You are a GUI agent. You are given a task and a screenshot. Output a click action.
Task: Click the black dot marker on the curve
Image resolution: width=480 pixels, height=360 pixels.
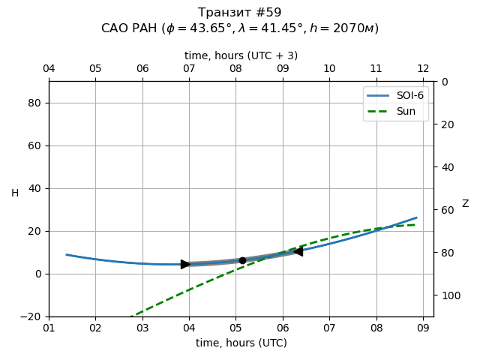(x=242, y=260)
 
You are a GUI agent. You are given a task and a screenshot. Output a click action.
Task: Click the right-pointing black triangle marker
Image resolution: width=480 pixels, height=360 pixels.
(x=185, y=264)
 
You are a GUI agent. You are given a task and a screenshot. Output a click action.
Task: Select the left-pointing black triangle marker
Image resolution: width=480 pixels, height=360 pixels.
(x=298, y=251)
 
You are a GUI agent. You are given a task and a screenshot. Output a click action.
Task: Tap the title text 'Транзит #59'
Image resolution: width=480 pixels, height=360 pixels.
(x=240, y=13)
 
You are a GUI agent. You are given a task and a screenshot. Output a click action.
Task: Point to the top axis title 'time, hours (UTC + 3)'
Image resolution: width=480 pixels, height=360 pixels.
(x=241, y=55)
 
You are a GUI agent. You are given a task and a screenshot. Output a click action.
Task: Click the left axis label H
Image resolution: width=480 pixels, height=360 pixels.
(x=15, y=193)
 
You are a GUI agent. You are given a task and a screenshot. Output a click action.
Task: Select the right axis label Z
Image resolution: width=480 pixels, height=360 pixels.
(x=465, y=204)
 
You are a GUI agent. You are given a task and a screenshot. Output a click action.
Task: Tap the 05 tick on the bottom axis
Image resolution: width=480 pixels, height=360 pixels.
(x=235, y=328)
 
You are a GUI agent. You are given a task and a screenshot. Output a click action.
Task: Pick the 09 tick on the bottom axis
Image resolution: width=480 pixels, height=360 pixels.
(x=423, y=328)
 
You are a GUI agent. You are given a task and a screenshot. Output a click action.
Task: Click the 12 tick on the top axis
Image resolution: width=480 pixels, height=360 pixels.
(x=423, y=68)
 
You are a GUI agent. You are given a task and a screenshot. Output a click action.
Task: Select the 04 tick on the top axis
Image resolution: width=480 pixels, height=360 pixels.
(x=49, y=68)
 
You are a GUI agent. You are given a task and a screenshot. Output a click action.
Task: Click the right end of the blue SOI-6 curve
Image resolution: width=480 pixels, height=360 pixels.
(x=416, y=217)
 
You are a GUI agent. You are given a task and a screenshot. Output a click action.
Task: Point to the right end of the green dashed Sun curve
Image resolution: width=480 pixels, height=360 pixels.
(x=415, y=224)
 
